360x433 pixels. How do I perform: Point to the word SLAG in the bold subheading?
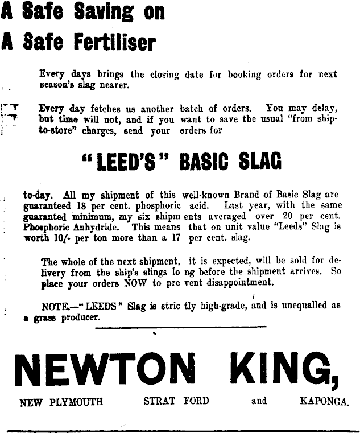(x=260, y=163)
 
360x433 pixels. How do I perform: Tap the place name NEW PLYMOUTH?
(x=61, y=401)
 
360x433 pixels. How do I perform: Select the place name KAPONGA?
(x=324, y=401)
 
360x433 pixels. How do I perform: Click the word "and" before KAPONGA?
(x=259, y=401)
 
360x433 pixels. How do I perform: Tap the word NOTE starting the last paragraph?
(x=55, y=306)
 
